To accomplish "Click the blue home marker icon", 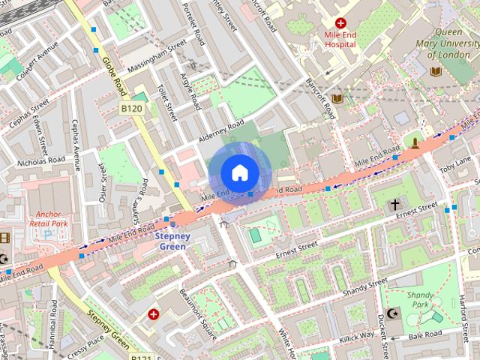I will (x=238, y=172).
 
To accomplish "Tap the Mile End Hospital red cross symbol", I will (x=341, y=24).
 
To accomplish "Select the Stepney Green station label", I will (x=172, y=241).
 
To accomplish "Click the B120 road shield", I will (x=132, y=109).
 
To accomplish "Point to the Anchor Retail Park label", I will (x=49, y=217).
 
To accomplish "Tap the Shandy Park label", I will (x=420, y=300).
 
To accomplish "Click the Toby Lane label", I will (x=455, y=163).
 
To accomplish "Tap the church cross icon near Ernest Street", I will (x=394, y=204).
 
